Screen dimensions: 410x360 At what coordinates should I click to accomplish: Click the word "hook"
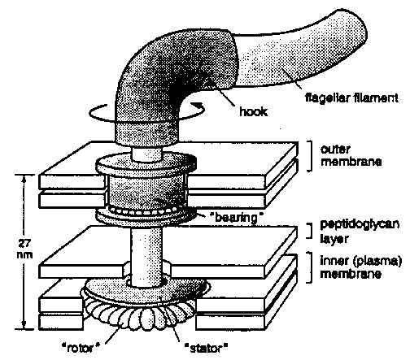tap(253, 111)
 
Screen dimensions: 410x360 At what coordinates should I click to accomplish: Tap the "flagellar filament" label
tap(351, 98)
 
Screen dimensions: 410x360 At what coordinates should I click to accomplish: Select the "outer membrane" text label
tap(351, 155)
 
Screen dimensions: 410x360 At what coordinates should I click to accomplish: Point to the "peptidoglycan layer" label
tap(360, 232)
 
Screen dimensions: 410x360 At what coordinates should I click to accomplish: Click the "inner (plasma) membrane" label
tap(360, 267)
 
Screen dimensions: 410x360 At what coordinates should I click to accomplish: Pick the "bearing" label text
tap(237, 218)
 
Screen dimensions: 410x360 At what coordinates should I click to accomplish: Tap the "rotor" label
tap(81, 348)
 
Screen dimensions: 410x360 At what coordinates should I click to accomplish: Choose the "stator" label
tap(206, 348)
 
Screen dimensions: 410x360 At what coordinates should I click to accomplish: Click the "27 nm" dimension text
tap(25, 249)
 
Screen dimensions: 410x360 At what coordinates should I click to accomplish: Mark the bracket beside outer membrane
tap(311, 156)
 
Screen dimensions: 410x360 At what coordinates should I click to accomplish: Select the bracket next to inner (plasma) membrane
tap(311, 267)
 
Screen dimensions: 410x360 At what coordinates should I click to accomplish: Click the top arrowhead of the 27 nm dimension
tap(24, 179)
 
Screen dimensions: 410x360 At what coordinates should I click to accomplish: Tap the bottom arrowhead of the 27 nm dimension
tap(24, 325)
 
